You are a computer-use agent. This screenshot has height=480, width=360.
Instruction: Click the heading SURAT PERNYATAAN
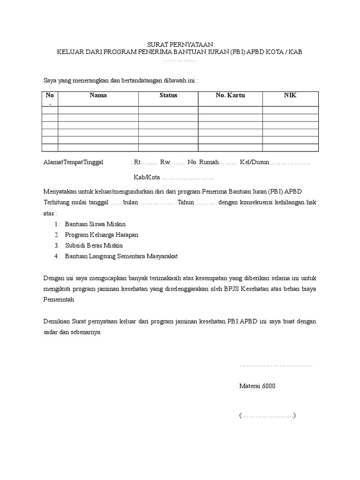coord(180,44)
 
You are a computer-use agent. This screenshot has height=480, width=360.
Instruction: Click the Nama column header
coord(98,95)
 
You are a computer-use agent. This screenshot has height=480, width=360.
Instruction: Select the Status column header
coord(168,95)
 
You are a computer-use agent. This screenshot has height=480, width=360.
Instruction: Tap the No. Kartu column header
coord(230,95)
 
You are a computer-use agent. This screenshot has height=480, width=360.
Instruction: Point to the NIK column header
coord(290,95)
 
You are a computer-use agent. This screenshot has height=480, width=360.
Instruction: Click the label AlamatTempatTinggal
coord(73,163)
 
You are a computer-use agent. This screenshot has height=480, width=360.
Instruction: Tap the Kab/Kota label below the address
coord(147,178)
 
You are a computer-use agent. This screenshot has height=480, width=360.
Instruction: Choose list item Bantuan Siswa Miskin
coord(95,224)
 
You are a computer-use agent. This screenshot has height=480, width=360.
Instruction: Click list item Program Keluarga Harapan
coord(102,235)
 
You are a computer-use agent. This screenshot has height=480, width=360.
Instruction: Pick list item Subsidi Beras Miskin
coord(94,246)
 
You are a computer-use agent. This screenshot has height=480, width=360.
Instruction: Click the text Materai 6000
coord(257,386)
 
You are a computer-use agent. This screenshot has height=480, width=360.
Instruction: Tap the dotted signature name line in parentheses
coord(267,415)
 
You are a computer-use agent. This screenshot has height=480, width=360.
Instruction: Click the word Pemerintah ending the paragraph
coord(59,299)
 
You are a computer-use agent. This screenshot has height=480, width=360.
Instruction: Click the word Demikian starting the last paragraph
coord(56,322)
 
